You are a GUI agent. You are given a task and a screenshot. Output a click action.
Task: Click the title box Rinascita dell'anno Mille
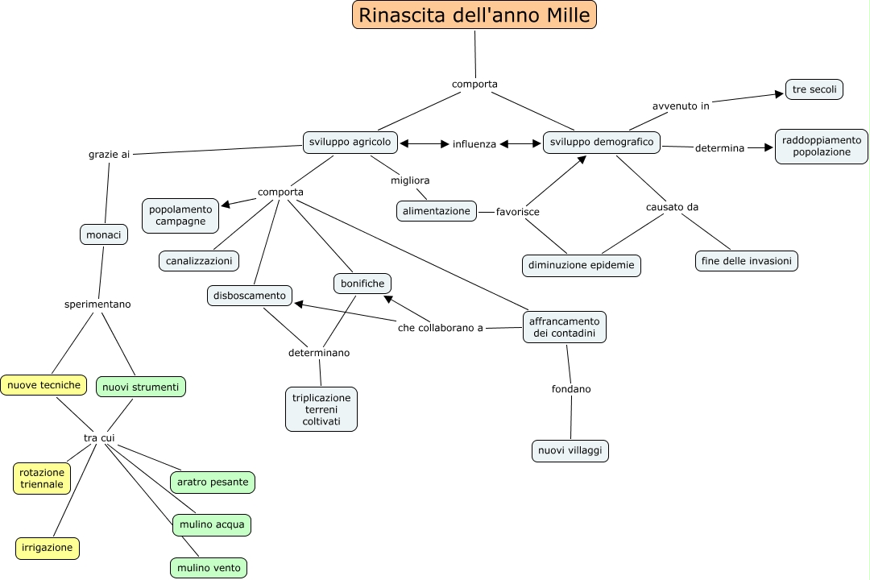[474, 14]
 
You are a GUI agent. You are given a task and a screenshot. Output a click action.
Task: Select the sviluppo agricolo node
[350, 143]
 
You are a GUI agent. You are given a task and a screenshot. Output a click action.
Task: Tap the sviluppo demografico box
[601, 143]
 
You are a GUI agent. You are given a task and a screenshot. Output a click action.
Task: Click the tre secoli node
[814, 89]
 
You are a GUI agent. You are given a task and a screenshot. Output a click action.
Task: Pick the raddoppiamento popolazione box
[821, 146]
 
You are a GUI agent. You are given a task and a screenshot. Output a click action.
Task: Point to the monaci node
[104, 234]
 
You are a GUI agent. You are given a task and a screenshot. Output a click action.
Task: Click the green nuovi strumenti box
[140, 387]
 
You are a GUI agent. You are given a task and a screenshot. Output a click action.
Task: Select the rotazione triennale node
[42, 478]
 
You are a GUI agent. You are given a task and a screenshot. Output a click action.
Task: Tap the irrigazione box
[48, 548]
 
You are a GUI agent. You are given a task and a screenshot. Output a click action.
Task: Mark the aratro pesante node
[213, 482]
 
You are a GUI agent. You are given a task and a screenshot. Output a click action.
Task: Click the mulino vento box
[209, 568]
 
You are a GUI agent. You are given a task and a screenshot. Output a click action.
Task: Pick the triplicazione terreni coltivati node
[321, 409]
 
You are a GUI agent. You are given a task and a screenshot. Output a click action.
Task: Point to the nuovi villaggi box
[570, 451]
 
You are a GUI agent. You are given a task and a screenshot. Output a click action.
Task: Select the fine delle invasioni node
[746, 260]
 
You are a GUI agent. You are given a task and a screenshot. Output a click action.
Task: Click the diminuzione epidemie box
[581, 264]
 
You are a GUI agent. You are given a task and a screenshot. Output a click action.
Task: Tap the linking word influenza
[474, 144]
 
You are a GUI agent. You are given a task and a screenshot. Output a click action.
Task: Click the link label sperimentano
[97, 304]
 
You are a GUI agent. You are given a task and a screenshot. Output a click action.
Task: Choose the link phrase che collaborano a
[441, 328]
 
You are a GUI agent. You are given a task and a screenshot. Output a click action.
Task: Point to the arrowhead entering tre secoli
[779, 93]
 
